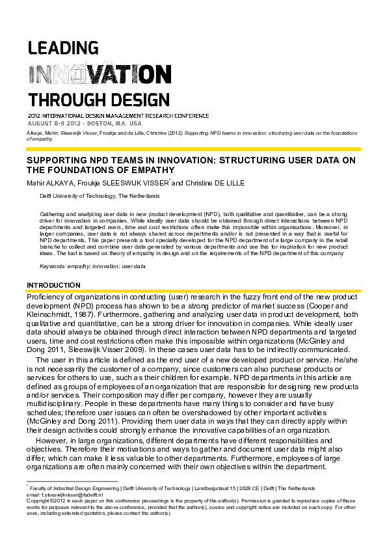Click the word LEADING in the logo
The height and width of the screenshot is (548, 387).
(x=62, y=48)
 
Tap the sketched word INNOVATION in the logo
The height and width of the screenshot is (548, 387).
(x=85, y=74)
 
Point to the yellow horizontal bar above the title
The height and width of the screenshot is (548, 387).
(x=193, y=149)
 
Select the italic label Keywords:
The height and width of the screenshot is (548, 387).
(x=53, y=267)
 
